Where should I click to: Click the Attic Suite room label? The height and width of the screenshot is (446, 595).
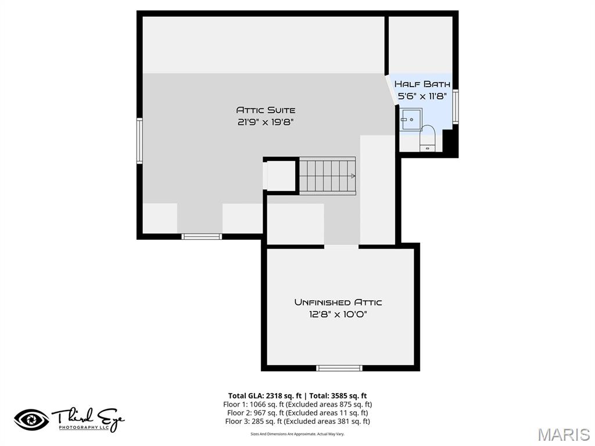coord(266,110)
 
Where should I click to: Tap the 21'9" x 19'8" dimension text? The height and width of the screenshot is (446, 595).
coord(266,122)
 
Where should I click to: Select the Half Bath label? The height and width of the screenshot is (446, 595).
coord(422,84)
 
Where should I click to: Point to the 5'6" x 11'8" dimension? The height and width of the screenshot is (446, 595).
coord(422,96)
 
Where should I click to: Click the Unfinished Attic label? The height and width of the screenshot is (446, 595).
coord(338,302)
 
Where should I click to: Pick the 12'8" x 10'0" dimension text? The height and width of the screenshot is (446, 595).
coord(338,314)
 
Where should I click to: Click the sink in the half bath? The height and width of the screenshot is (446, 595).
coord(410,119)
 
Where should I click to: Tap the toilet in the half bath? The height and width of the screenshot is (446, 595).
coord(428,137)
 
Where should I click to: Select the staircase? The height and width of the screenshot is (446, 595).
coord(327,175)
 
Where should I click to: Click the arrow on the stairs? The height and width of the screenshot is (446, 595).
coord(352,175)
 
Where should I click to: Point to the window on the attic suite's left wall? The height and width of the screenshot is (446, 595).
coord(139,140)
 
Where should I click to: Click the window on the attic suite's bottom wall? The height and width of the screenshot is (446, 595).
coord(202,236)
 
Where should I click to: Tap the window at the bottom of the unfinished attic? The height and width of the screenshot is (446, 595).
coord(339,368)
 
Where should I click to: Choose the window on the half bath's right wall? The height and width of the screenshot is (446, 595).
coord(456,106)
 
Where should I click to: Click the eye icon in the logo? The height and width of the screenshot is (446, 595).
coord(31,419)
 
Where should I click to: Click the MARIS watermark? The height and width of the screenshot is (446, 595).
coord(564,434)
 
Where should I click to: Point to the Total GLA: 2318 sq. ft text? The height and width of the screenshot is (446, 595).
coord(261,396)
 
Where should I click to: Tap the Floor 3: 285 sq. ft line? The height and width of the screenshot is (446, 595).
coord(297,421)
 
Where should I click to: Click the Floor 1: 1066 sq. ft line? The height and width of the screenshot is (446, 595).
coord(297,404)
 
